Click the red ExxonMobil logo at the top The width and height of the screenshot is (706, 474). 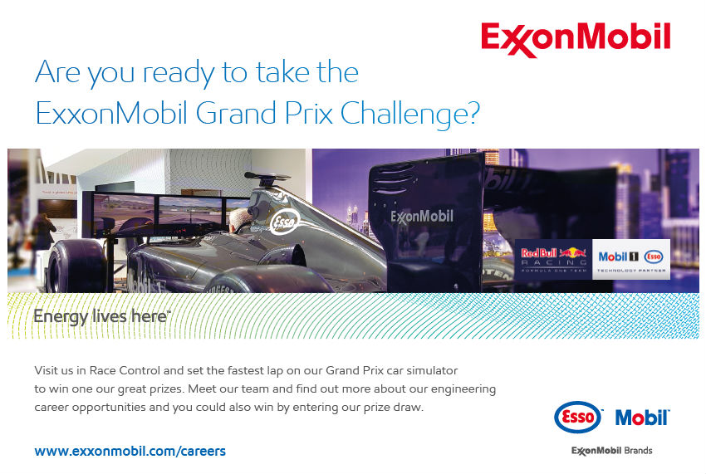pos(576,39)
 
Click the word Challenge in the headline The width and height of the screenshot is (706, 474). pos(410,114)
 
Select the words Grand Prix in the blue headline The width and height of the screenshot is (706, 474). pos(264,113)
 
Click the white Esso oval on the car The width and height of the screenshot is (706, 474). pos(285,222)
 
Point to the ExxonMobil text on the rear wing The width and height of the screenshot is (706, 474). pos(421,217)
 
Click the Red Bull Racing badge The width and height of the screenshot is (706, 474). pos(553,259)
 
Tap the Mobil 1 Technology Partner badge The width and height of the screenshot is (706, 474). pos(630,259)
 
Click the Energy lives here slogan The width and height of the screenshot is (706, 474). pos(102,316)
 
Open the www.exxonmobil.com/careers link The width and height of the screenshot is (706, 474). pos(130,451)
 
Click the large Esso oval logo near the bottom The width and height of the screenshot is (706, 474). pos(578,418)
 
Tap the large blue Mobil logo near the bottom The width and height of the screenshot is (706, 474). pos(642,418)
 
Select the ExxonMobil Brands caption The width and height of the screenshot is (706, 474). pos(611,451)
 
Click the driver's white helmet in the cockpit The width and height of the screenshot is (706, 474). pos(238,221)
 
